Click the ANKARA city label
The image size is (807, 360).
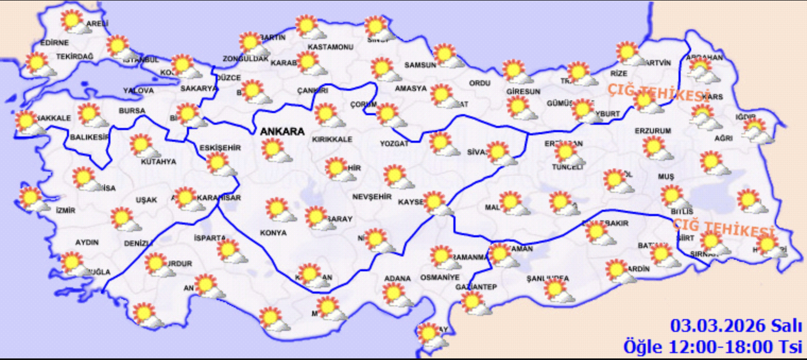point(281,132)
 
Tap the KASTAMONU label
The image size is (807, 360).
point(330,47)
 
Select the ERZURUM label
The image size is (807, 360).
point(653,131)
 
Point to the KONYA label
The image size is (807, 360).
point(273,233)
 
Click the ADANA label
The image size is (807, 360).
point(398,278)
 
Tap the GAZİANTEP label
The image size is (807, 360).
point(476,287)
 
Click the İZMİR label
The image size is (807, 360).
point(65,210)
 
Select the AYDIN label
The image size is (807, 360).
point(87,242)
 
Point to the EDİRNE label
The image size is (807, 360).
point(54,42)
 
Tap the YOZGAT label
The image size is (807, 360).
point(394,143)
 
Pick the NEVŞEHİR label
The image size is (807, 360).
point(372,196)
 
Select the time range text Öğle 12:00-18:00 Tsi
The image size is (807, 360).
point(712,347)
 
